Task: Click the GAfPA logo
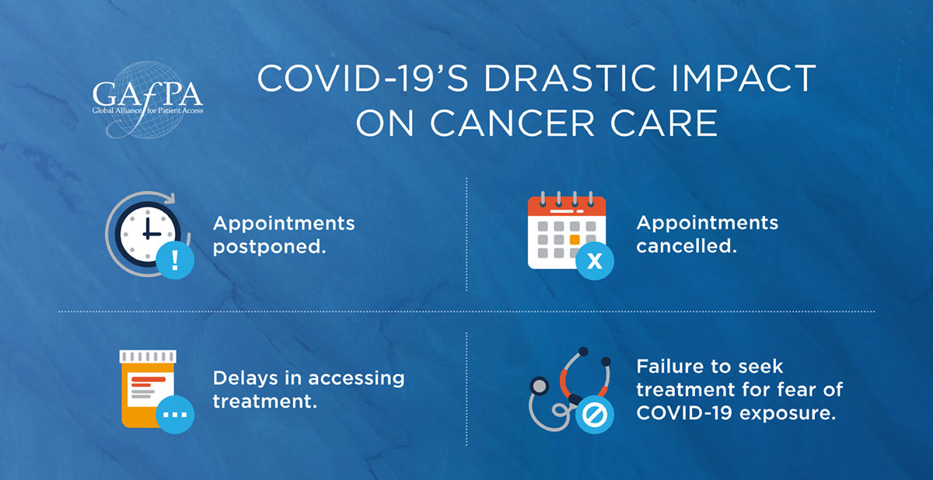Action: pyautogui.click(x=148, y=100)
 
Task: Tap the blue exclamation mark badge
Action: pyautogui.click(x=175, y=260)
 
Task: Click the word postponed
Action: pyautogui.click(x=269, y=248)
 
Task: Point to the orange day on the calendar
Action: pyautogui.click(x=575, y=239)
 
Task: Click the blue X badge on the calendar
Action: pyautogui.click(x=594, y=261)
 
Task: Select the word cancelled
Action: pyautogui.click(x=687, y=245)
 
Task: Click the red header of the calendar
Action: pyautogui.click(x=567, y=206)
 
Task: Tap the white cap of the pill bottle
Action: pyautogui.click(x=148, y=357)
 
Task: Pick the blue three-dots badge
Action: pyautogui.click(x=175, y=415)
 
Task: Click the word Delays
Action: pyautogui.click(x=245, y=378)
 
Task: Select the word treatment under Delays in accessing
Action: pyautogui.click(x=265, y=402)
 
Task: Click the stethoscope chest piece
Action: pyautogui.click(x=540, y=386)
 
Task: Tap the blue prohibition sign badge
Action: pyautogui.click(x=594, y=415)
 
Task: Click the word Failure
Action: pyautogui.click(x=668, y=367)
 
